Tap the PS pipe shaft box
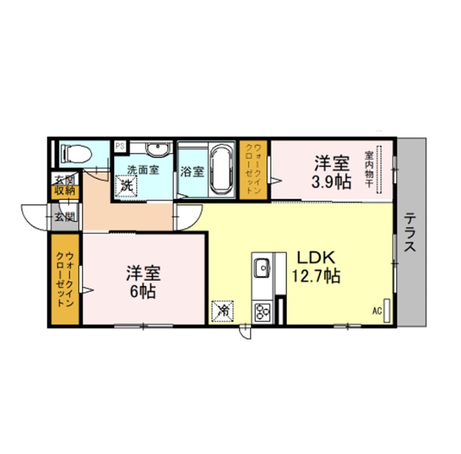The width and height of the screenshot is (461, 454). pyautogui.click(x=120, y=146)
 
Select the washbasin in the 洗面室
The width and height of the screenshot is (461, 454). pyautogui.click(x=159, y=150)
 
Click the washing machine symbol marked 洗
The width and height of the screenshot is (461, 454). pyautogui.click(x=126, y=186)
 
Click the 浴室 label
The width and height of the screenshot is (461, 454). pyautogui.click(x=192, y=172)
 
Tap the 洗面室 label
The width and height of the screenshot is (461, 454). pyautogui.click(x=143, y=169)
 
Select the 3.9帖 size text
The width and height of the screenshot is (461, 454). pyautogui.click(x=331, y=182)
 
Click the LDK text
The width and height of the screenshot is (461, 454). pyautogui.click(x=316, y=258)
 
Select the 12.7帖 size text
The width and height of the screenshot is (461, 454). pyautogui.click(x=316, y=276)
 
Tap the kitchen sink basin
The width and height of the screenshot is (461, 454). pyautogui.click(x=262, y=268)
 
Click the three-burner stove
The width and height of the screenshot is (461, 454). pyautogui.click(x=262, y=312)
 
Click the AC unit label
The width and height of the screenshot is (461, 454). pyautogui.click(x=377, y=311)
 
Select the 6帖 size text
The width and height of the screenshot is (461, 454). pyautogui.click(x=143, y=292)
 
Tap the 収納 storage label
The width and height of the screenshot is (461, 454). pyautogui.click(x=65, y=191)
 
